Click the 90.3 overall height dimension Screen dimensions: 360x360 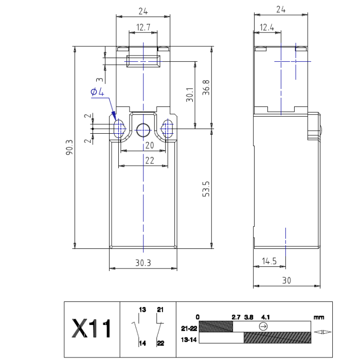69,148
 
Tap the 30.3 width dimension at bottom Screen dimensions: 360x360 143,263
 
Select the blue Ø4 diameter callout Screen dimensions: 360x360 97,92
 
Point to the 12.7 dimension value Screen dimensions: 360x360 143,27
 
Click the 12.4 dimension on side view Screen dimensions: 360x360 267,27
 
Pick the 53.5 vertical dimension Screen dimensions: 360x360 206,189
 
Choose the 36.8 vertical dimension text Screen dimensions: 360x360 206,87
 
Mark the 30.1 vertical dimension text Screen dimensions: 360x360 190,95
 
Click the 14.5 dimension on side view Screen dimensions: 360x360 269,261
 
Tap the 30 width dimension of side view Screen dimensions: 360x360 286,281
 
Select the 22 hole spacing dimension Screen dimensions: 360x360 150,160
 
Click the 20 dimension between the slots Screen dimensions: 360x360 150,146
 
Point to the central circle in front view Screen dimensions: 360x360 143,130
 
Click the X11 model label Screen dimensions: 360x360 92,328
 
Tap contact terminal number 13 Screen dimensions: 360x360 142,310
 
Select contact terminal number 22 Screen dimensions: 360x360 160,343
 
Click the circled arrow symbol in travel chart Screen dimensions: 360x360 263,326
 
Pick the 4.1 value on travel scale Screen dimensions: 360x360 265,317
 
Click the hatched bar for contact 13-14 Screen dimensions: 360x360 277,337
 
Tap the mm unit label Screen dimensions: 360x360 319,317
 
